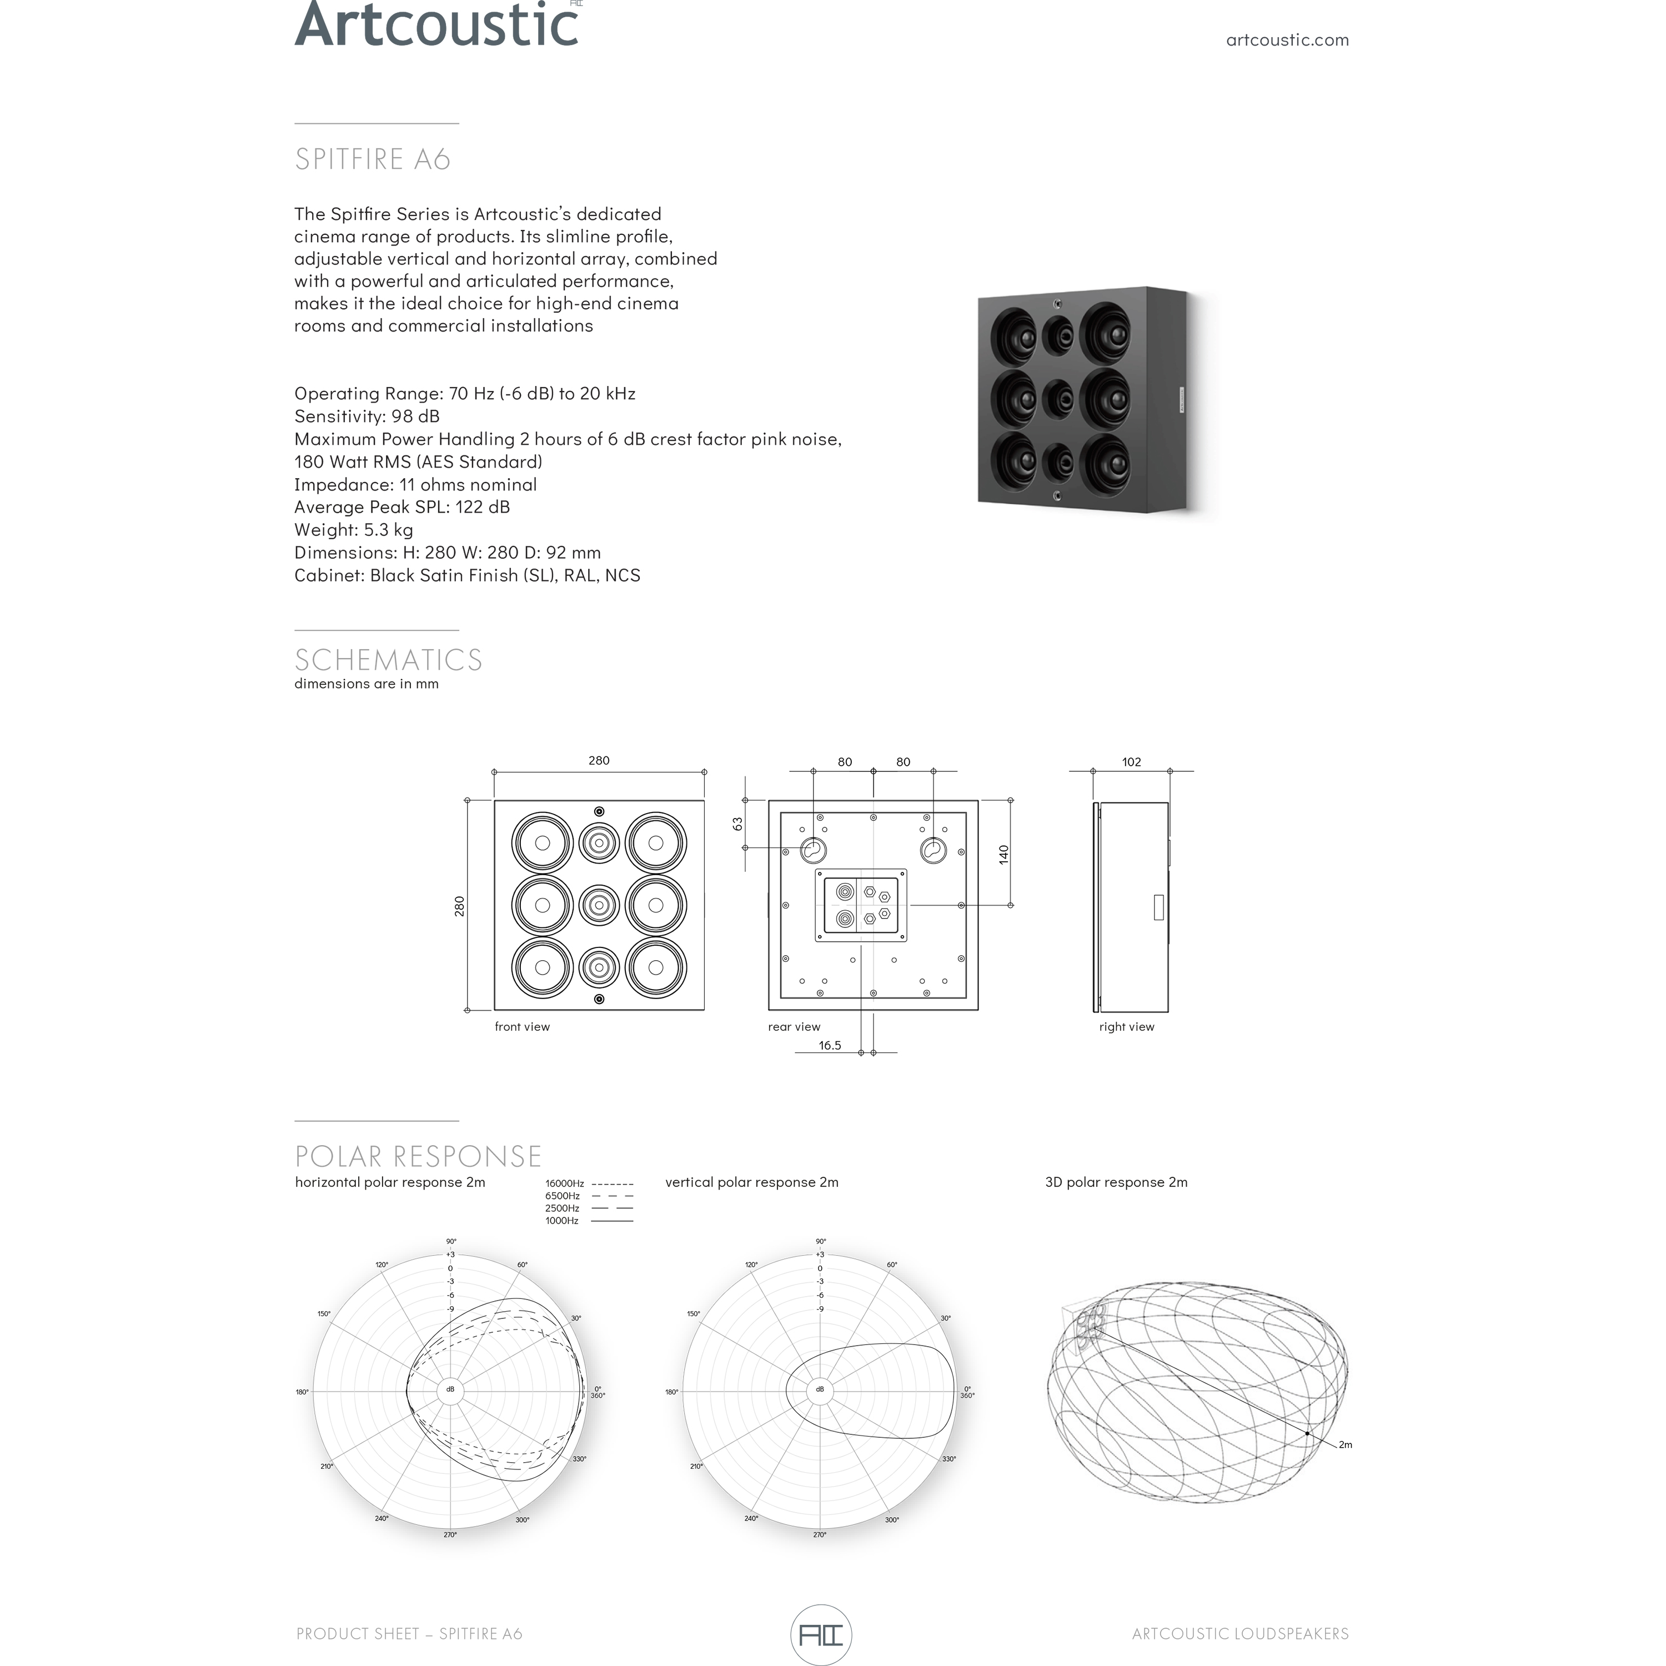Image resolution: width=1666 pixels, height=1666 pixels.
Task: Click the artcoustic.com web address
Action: (x=1287, y=39)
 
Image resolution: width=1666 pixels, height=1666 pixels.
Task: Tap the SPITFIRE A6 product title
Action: (x=373, y=159)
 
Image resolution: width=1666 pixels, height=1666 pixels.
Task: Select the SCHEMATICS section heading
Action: (x=388, y=660)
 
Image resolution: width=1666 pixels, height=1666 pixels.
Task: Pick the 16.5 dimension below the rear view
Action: (x=830, y=1045)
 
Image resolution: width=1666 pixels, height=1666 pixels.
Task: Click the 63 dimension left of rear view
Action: (x=738, y=824)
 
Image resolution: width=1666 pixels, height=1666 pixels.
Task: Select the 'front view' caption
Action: (x=521, y=1027)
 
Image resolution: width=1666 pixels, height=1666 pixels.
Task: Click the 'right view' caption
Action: (x=1126, y=1027)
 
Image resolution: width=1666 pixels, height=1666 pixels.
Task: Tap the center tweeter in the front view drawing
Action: (x=599, y=905)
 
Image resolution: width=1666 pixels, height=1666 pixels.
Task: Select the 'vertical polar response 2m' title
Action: (x=751, y=1182)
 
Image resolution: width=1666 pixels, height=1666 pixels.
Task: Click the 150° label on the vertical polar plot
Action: (x=693, y=1314)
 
